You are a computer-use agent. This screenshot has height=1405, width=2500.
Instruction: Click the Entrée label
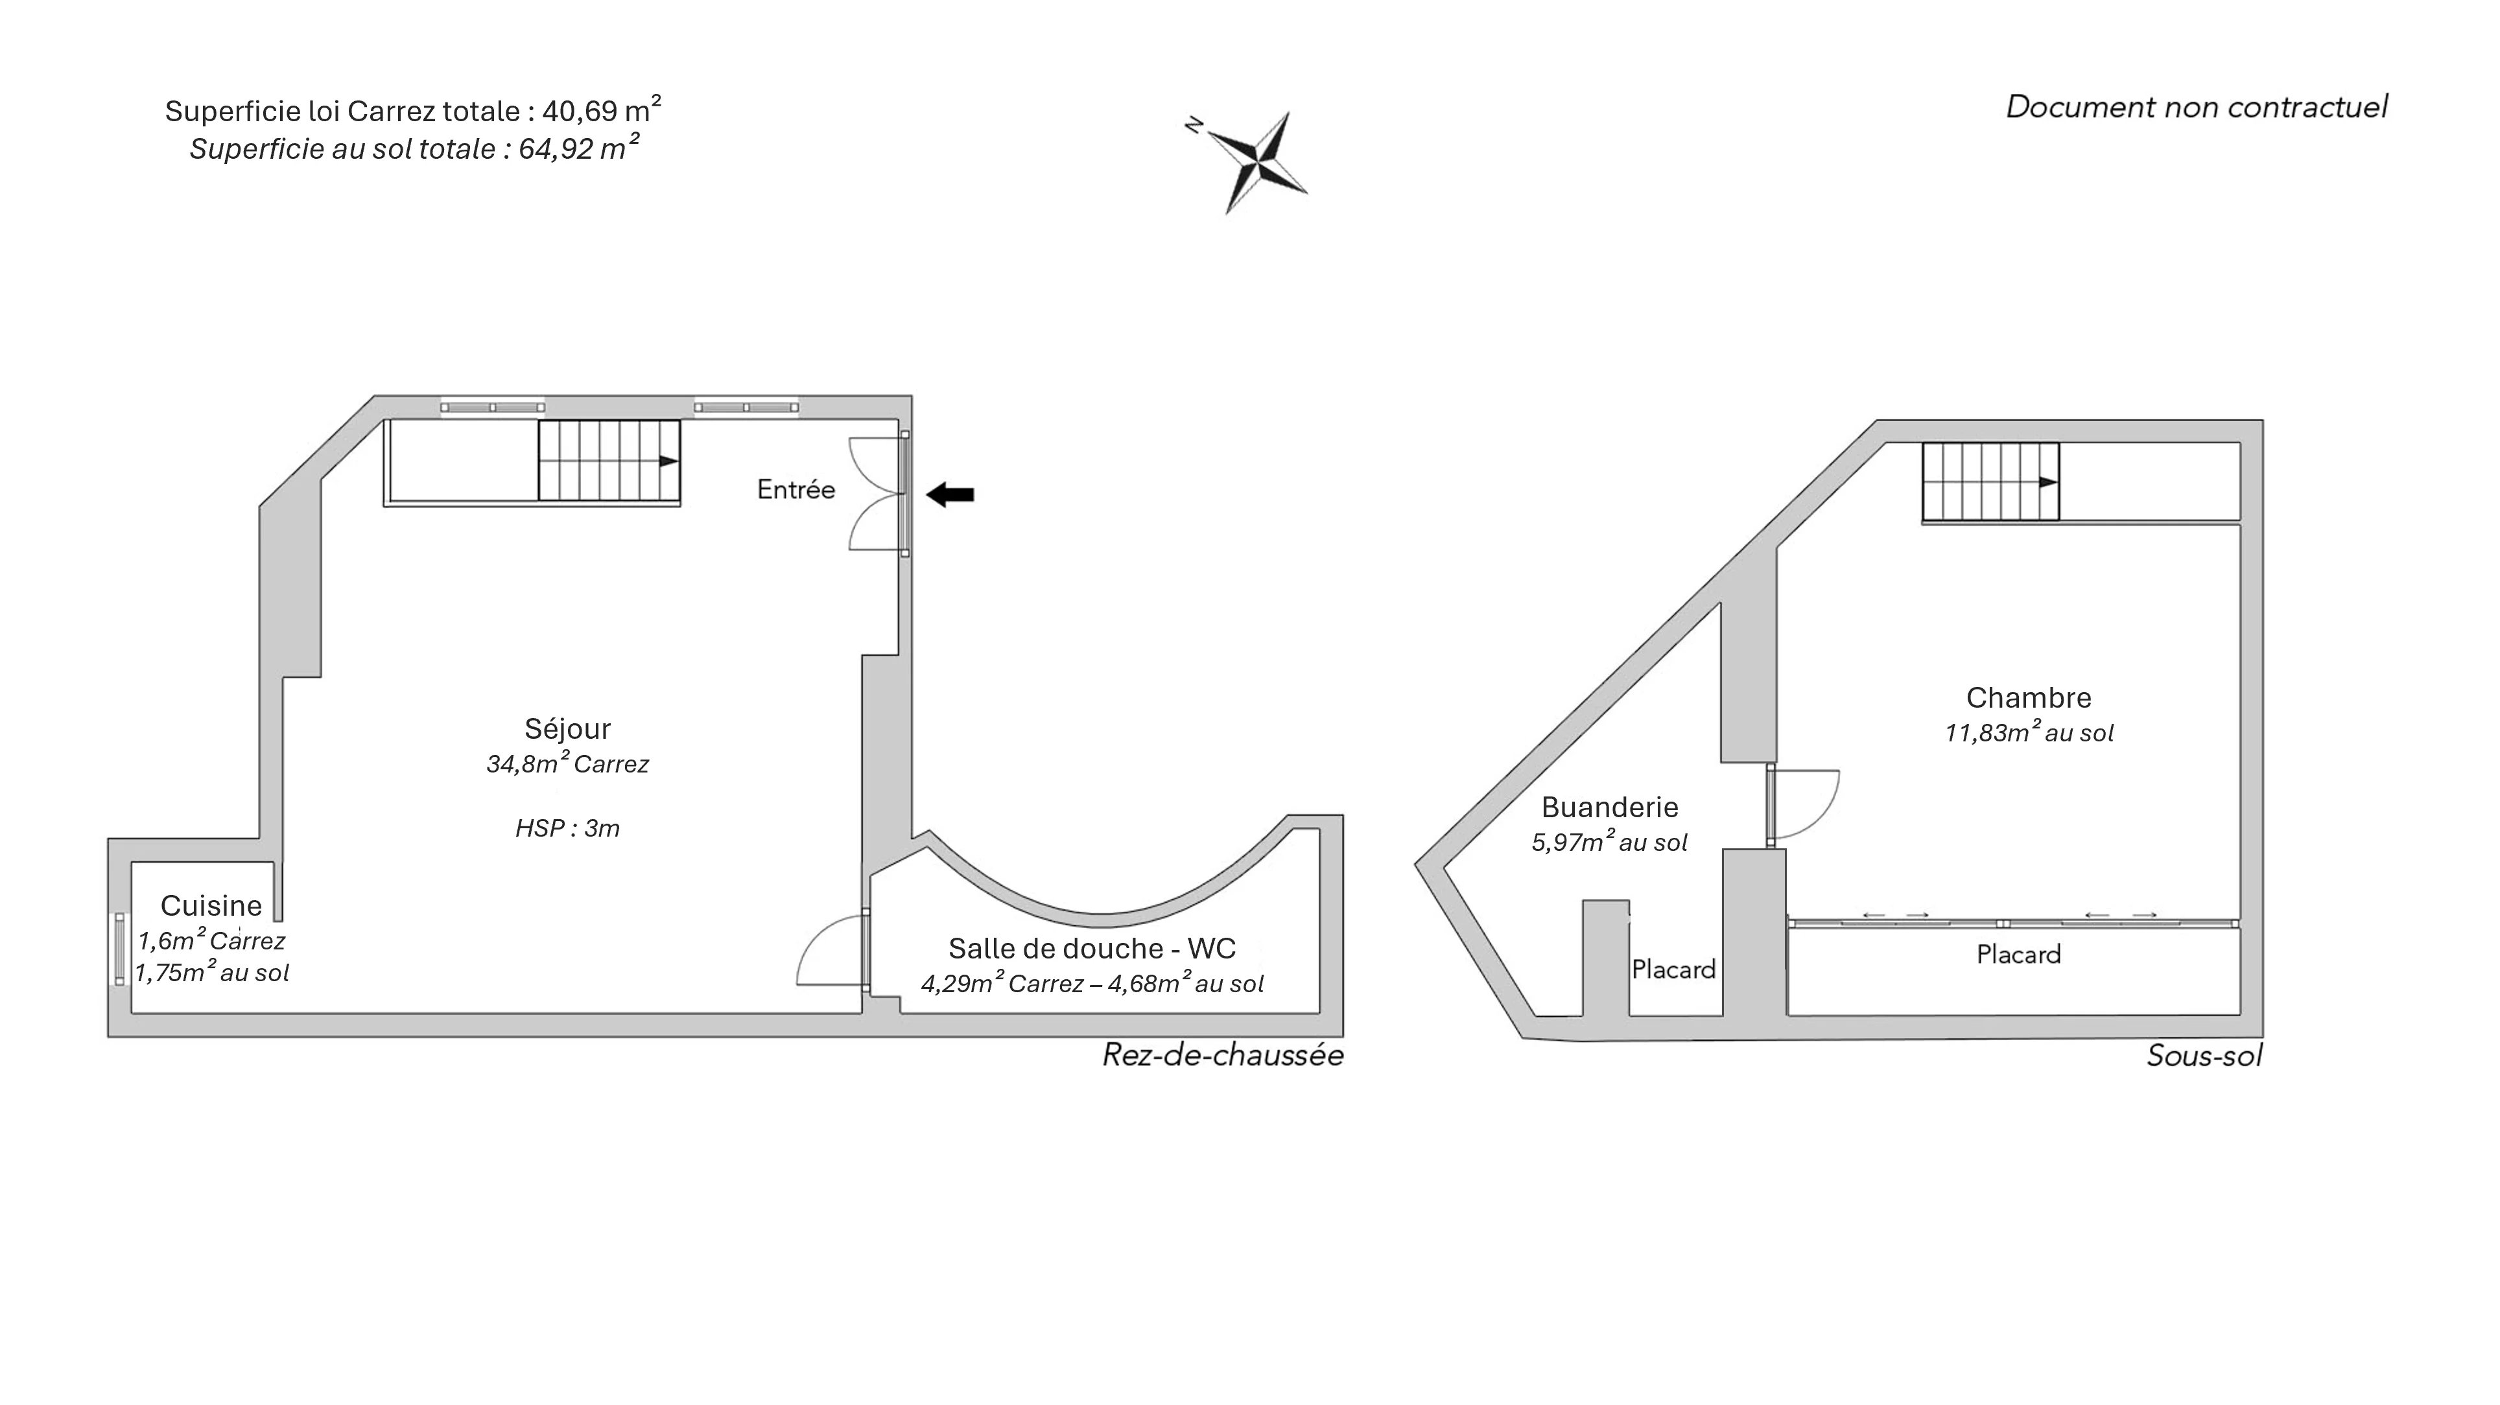click(796, 490)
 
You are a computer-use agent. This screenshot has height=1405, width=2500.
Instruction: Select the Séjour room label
click(568, 728)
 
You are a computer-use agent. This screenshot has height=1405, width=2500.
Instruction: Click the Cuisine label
click(211, 905)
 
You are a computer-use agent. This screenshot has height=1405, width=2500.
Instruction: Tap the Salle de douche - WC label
click(1092, 948)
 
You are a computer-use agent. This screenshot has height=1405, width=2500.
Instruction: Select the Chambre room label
click(2029, 698)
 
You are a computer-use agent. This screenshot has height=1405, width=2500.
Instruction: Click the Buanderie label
click(1610, 807)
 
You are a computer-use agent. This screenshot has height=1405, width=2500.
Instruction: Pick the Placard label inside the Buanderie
click(1674, 970)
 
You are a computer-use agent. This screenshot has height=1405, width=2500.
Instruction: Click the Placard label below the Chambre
click(2019, 955)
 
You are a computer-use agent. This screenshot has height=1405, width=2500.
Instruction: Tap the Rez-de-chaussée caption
click(1223, 1056)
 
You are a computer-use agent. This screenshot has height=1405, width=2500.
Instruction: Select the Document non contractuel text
click(2197, 107)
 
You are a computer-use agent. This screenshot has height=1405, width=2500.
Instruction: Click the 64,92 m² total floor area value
click(580, 148)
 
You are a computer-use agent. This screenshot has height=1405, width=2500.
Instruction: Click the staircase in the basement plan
click(1990, 482)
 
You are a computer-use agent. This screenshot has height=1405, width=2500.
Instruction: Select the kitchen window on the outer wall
click(119, 949)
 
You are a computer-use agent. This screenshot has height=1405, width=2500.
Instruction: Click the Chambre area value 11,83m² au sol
click(2029, 732)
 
